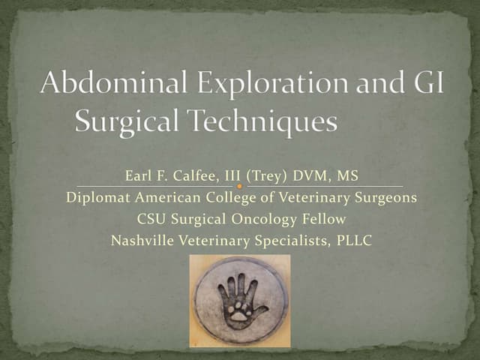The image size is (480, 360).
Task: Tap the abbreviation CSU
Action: point(151,219)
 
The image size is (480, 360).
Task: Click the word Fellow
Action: point(324,219)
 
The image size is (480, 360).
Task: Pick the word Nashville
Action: point(140,241)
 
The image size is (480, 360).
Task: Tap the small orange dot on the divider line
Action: point(240,185)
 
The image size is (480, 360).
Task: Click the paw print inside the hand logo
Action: point(240,310)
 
